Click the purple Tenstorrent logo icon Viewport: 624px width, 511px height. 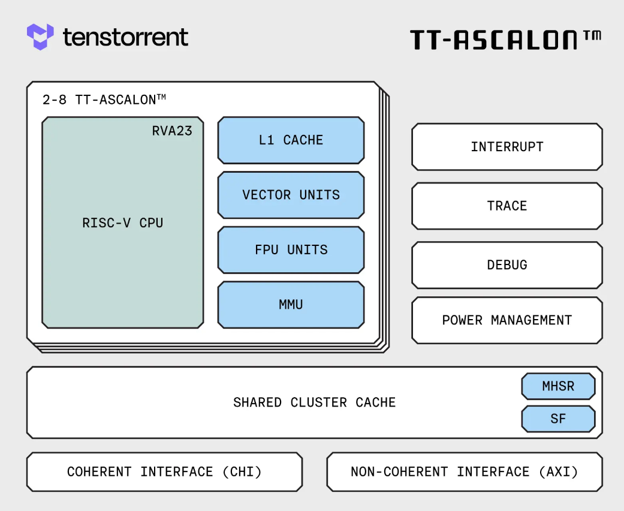coord(40,37)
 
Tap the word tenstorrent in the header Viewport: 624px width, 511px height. coord(125,37)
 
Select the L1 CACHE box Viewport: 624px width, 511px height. coord(291,140)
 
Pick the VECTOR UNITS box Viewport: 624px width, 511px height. coord(291,195)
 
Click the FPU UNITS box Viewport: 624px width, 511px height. coord(291,250)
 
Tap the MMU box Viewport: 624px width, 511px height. coord(291,305)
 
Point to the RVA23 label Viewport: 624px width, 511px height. coord(172,131)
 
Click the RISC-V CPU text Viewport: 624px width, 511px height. coord(122,223)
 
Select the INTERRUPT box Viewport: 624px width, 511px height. coord(507,147)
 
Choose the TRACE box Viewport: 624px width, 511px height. coord(507,206)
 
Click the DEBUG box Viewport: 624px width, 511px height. coord(507,265)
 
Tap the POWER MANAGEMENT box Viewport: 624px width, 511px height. coord(507,320)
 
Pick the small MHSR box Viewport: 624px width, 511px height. coord(558,386)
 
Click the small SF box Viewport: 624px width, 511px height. coord(558,419)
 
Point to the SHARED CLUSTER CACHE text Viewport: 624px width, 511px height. coord(314,402)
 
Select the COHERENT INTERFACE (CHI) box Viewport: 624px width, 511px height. coord(164,472)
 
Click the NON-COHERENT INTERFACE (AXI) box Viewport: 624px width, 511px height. coord(464,472)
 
